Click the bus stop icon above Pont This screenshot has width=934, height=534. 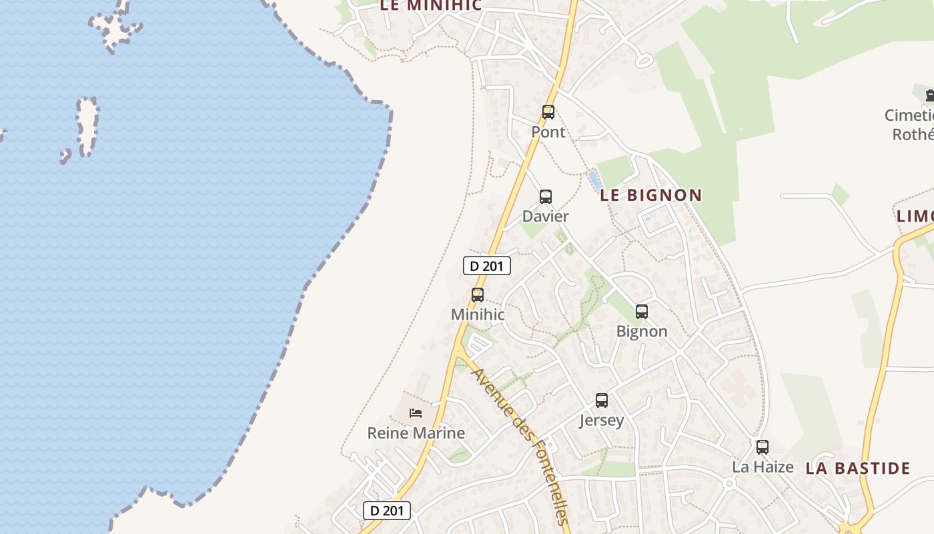click(x=548, y=112)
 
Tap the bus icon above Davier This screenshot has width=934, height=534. click(x=546, y=197)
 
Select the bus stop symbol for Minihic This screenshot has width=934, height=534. click(x=478, y=294)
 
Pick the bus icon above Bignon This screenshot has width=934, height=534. click(x=642, y=311)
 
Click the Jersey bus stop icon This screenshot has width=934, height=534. click(x=602, y=400)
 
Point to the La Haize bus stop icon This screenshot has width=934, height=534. click(x=763, y=447)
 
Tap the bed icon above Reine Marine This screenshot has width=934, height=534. click(x=416, y=413)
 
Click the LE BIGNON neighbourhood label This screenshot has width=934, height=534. click(x=650, y=196)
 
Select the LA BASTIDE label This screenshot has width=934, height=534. click(x=857, y=468)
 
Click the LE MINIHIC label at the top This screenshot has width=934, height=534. click(x=430, y=5)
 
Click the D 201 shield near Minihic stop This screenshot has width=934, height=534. click(x=487, y=266)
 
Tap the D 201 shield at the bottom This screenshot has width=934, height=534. click(x=387, y=511)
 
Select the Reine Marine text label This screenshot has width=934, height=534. click(x=416, y=433)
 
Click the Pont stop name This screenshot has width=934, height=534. click(x=548, y=132)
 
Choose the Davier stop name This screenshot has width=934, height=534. click(x=546, y=216)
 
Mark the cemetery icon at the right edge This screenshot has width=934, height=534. click(x=929, y=95)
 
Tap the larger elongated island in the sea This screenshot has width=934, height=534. click(x=87, y=125)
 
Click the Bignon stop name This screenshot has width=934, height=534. click(x=642, y=331)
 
